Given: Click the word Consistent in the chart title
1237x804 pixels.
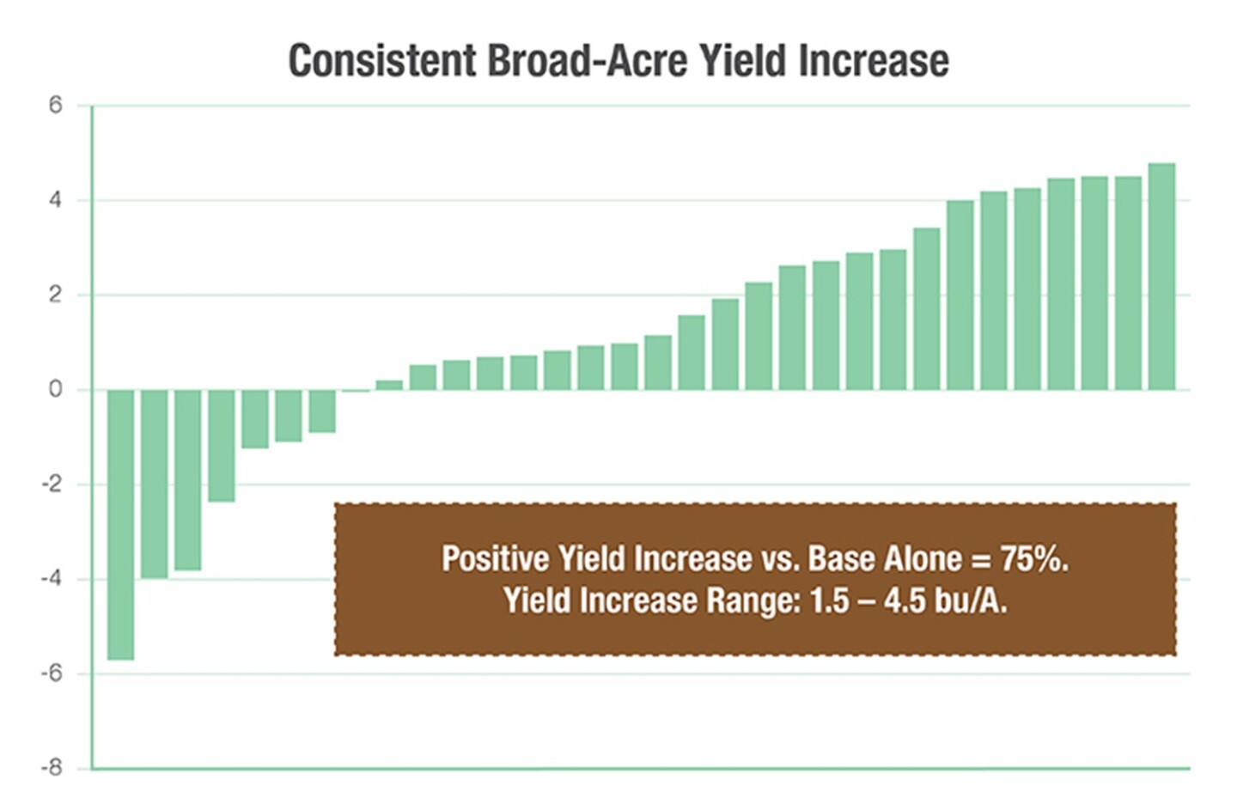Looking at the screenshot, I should pos(381,61).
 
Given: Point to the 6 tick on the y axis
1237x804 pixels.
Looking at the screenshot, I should pos(56,106).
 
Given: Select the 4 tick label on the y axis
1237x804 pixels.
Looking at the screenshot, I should pos(56,200).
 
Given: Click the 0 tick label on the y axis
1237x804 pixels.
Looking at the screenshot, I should pos(56,390).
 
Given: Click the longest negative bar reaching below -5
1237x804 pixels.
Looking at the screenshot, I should pos(120,524).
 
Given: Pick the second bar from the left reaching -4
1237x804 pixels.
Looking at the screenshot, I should pos(155,484).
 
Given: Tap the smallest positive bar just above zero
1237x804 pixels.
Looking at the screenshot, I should pos(389,385).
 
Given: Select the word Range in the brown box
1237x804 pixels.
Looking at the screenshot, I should pos(752,600).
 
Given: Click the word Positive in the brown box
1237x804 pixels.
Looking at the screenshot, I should pos(495,559).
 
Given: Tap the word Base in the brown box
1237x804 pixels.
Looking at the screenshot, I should pos(841,559).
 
